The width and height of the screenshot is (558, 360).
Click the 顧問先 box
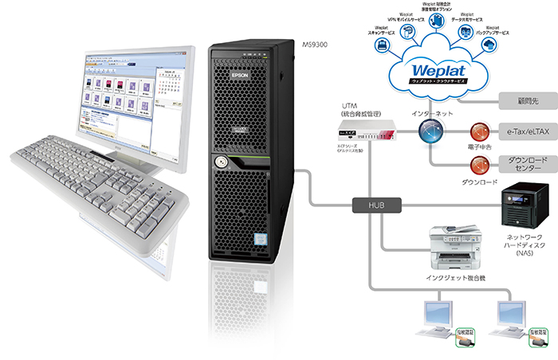[525, 101]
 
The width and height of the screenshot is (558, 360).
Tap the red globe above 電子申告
[478, 131]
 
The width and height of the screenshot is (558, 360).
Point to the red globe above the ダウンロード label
[478, 165]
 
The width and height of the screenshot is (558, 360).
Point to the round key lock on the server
[218, 162]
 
